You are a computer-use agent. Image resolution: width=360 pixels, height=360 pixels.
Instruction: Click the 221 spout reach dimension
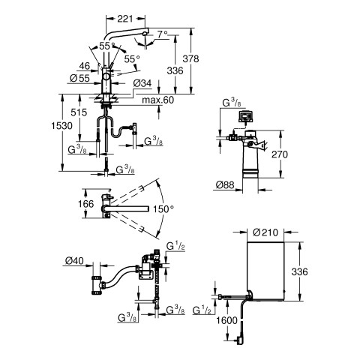pyautogui.click(x=125, y=19)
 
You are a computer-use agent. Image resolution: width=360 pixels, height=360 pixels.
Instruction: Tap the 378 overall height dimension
pyautogui.click(x=190, y=59)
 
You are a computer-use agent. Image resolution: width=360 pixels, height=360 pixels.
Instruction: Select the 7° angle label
pyautogui.click(x=163, y=34)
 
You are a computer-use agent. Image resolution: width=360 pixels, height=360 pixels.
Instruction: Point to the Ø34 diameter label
pyautogui.click(x=142, y=83)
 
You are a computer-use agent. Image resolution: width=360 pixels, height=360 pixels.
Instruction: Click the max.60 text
pyautogui.click(x=158, y=100)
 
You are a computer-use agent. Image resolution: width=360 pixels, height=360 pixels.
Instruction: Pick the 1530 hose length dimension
pyautogui.click(x=61, y=125)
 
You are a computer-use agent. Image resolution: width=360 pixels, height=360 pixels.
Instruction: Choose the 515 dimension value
pyautogui.click(x=79, y=112)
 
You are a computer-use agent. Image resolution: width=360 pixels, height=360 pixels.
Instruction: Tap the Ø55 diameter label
pyautogui.click(x=79, y=78)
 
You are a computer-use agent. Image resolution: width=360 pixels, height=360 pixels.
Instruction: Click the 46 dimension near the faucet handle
pyautogui.click(x=85, y=66)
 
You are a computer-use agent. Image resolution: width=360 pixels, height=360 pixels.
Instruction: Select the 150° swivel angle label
pyautogui.click(x=163, y=208)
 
